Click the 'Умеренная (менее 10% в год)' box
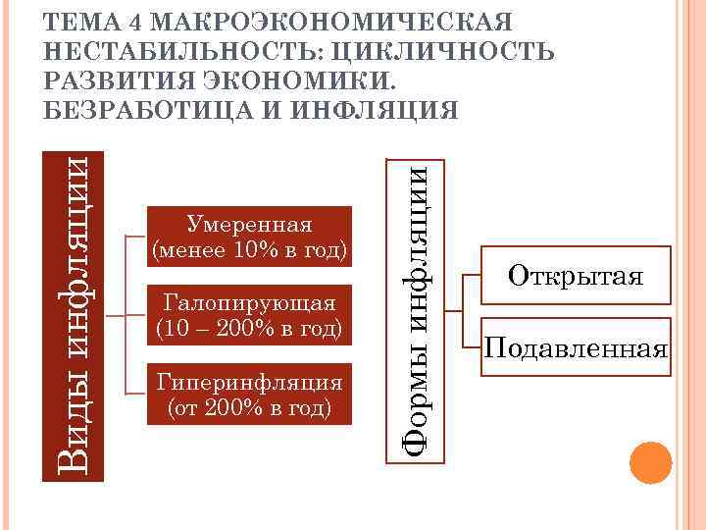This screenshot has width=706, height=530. (x=249, y=238)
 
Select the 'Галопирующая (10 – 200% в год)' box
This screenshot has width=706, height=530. (x=249, y=315)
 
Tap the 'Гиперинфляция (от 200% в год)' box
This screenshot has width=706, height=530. (x=249, y=393)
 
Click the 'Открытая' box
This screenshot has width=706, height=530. (x=576, y=276)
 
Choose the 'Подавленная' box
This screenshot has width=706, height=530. (x=576, y=348)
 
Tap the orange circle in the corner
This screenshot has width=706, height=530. (x=649, y=464)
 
